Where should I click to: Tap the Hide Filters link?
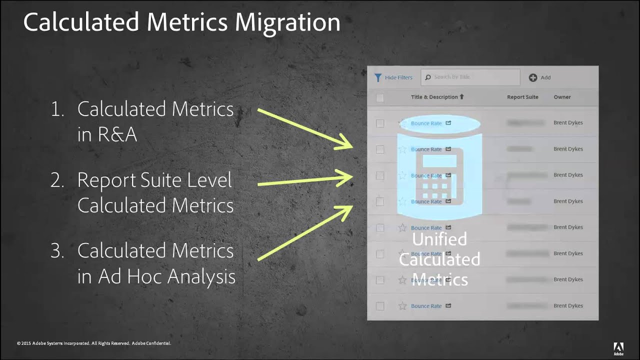pyautogui.click(x=398, y=77)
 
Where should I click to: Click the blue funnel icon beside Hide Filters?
pyautogui.click(x=378, y=77)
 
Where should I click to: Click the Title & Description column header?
pyautogui.click(x=434, y=97)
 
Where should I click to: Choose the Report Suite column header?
pyautogui.click(x=522, y=97)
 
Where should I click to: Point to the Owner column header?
pyautogui.click(x=562, y=97)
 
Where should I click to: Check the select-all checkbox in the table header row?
pyautogui.click(x=380, y=97)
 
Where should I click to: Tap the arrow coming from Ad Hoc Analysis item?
pyautogui.click(x=305, y=232)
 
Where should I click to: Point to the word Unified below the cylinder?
pyautogui.click(x=439, y=239)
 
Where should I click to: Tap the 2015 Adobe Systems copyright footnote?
pyautogui.click(x=94, y=343)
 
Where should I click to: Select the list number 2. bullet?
pyautogui.click(x=57, y=180)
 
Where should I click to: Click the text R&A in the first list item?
pyautogui.click(x=107, y=134)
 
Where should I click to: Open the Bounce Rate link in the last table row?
pyautogui.click(x=426, y=306)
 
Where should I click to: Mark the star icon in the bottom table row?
pyautogui.click(x=402, y=306)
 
